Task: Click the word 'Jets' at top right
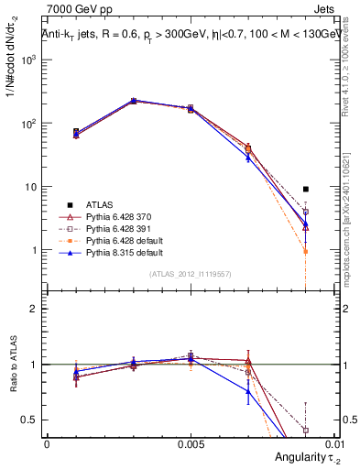click(x=328, y=9)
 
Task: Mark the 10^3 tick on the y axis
click(x=30, y=59)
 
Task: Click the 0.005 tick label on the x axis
click(x=191, y=443)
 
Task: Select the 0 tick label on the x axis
click(x=47, y=443)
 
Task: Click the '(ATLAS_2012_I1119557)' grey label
click(x=190, y=274)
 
